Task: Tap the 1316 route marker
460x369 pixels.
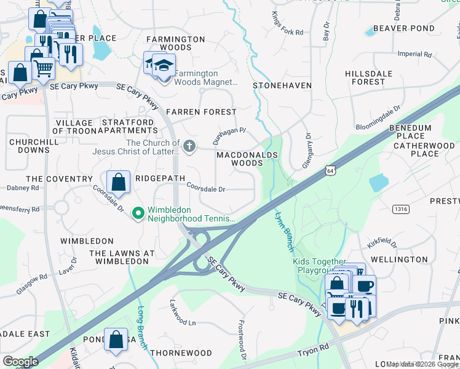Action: click(x=400, y=210)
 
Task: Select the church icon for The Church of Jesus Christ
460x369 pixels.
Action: click(x=190, y=146)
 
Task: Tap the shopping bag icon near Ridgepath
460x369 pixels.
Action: click(x=118, y=183)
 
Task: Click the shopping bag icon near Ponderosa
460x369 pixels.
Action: click(x=116, y=340)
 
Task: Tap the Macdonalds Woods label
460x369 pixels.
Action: click(x=247, y=159)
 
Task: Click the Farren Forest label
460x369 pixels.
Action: click(x=201, y=112)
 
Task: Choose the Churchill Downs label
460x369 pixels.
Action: click(x=29, y=146)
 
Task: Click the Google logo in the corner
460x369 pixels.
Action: click(x=20, y=362)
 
